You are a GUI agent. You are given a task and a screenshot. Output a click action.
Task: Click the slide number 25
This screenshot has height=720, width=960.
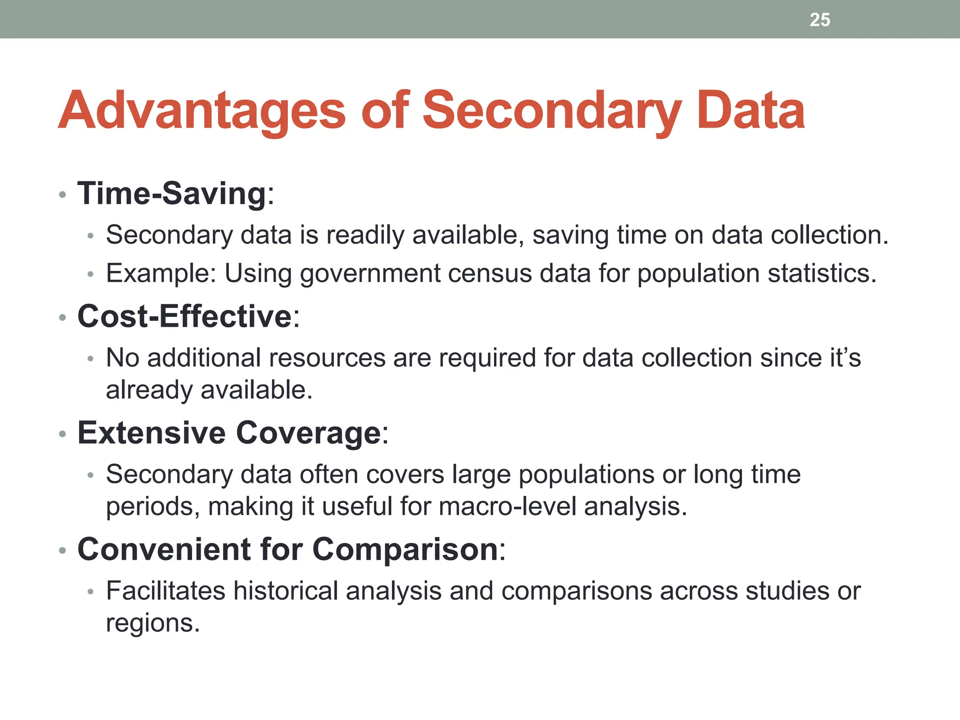(820, 20)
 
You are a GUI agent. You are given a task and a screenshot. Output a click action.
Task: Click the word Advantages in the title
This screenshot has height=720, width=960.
(202, 111)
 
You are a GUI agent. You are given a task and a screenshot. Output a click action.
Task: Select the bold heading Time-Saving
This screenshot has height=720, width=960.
(172, 193)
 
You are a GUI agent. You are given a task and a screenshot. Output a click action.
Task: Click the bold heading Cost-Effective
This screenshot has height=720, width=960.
(185, 316)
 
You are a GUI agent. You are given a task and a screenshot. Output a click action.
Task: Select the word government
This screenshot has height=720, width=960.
(370, 274)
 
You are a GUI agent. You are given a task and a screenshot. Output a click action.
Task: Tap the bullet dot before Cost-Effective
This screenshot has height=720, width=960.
(62, 318)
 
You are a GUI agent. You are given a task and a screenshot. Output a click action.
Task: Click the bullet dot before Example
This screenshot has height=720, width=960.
(91, 274)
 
